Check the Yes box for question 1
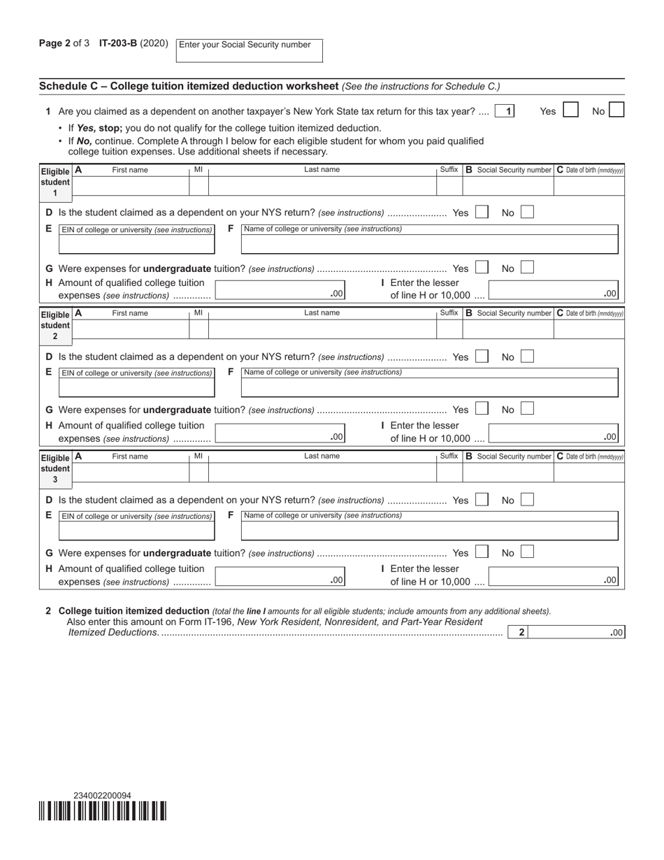pyautogui.click(x=570, y=110)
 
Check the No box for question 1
pyautogui.click(x=616, y=110)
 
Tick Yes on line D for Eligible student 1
pyautogui.click(x=481, y=213)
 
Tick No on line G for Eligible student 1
pyautogui.click(x=527, y=268)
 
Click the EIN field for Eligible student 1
pyautogui.click(x=136, y=243)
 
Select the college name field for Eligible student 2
pyautogui.click(x=429, y=387)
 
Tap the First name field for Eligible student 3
pyautogui.click(x=130, y=473)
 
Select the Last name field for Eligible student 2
pyautogui.click(x=322, y=329)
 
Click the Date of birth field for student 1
pyautogui.click(x=589, y=186)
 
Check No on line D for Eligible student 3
pyautogui.click(x=527, y=500)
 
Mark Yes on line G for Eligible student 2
pyautogui.click(x=481, y=410)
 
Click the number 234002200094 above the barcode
pyautogui.click(x=102, y=796)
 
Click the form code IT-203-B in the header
pyautogui.click(x=118, y=43)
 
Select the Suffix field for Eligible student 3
pyautogui.click(x=449, y=473)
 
